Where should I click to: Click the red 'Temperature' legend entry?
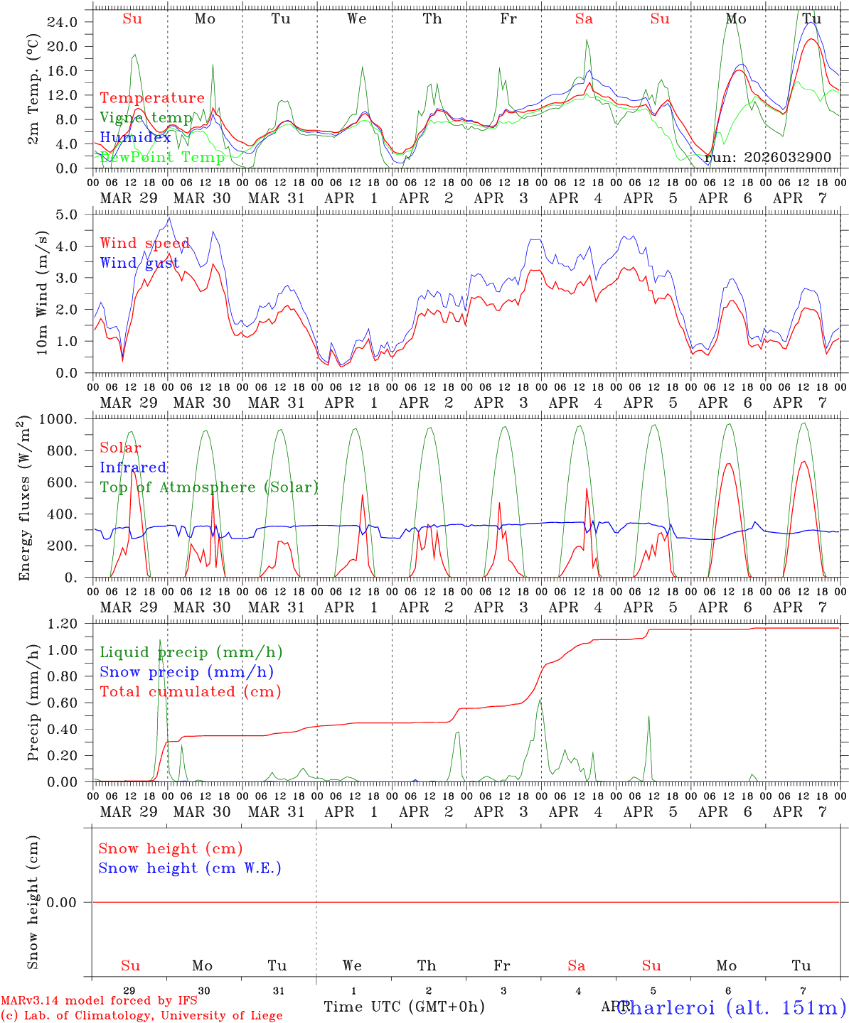point(152,98)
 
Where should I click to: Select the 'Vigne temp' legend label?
point(146,118)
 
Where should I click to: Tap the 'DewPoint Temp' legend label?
point(163,157)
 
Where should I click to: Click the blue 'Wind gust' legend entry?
point(139,263)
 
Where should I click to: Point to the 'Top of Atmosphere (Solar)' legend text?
point(209,487)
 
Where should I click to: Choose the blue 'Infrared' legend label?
point(133,467)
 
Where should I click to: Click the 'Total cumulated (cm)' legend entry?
point(190,691)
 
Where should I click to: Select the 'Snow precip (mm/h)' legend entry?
point(186,672)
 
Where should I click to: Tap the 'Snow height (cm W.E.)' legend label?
point(190,868)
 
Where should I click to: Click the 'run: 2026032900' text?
point(768,157)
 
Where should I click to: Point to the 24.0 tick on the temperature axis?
point(63,22)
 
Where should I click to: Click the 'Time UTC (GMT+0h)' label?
point(404,1006)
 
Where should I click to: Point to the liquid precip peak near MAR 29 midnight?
point(160,661)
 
